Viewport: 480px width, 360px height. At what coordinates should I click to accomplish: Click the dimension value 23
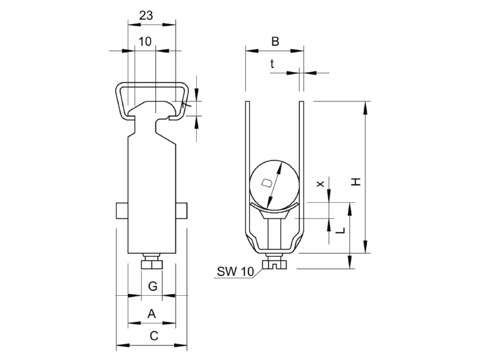(146, 16)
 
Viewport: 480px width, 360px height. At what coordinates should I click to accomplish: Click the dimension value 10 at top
(145, 41)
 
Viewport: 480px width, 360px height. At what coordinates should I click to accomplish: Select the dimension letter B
(275, 41)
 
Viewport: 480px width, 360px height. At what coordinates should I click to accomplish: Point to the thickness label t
(272, 64)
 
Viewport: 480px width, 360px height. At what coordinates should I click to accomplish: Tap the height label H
(356, 182)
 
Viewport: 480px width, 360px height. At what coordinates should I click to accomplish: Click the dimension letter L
(340, 230)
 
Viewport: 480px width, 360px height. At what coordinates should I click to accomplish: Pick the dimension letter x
(320, 184)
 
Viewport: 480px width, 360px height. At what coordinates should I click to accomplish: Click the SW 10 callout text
(235, 271)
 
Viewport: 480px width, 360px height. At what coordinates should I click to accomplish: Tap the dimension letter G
(152, 286)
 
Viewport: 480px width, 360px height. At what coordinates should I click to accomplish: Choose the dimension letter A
(152, 314)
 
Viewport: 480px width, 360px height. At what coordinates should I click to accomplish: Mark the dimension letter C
(154, 336)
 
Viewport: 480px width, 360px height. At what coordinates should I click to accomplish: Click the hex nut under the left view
(152, 264)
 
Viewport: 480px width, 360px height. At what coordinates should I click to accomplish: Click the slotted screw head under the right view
(274, 264)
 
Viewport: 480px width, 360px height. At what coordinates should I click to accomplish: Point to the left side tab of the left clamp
(122, 211)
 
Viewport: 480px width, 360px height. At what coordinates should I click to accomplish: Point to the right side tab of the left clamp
(182, 211)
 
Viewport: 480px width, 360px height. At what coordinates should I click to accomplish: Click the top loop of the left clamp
(152, 83)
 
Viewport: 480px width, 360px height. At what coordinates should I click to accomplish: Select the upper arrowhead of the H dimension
(365, 108)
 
